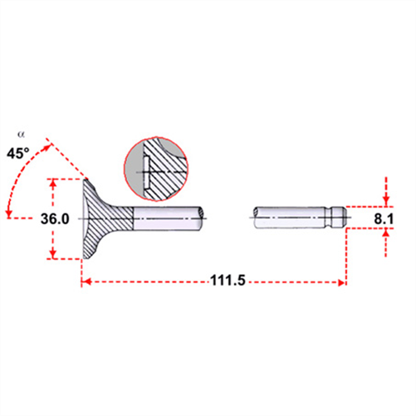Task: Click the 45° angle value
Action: tap(18, 153)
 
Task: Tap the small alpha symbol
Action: tap(21, 135)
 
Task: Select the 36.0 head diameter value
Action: tap(55, 219)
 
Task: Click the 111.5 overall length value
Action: tap(228, 280)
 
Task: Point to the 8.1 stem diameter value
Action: tap(384, 219)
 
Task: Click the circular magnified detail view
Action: tap(156, 169)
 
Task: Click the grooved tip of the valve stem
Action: tap(336, 218)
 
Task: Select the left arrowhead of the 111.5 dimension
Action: tap(86, 282)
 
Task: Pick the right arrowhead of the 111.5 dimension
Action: tap(341, 282)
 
